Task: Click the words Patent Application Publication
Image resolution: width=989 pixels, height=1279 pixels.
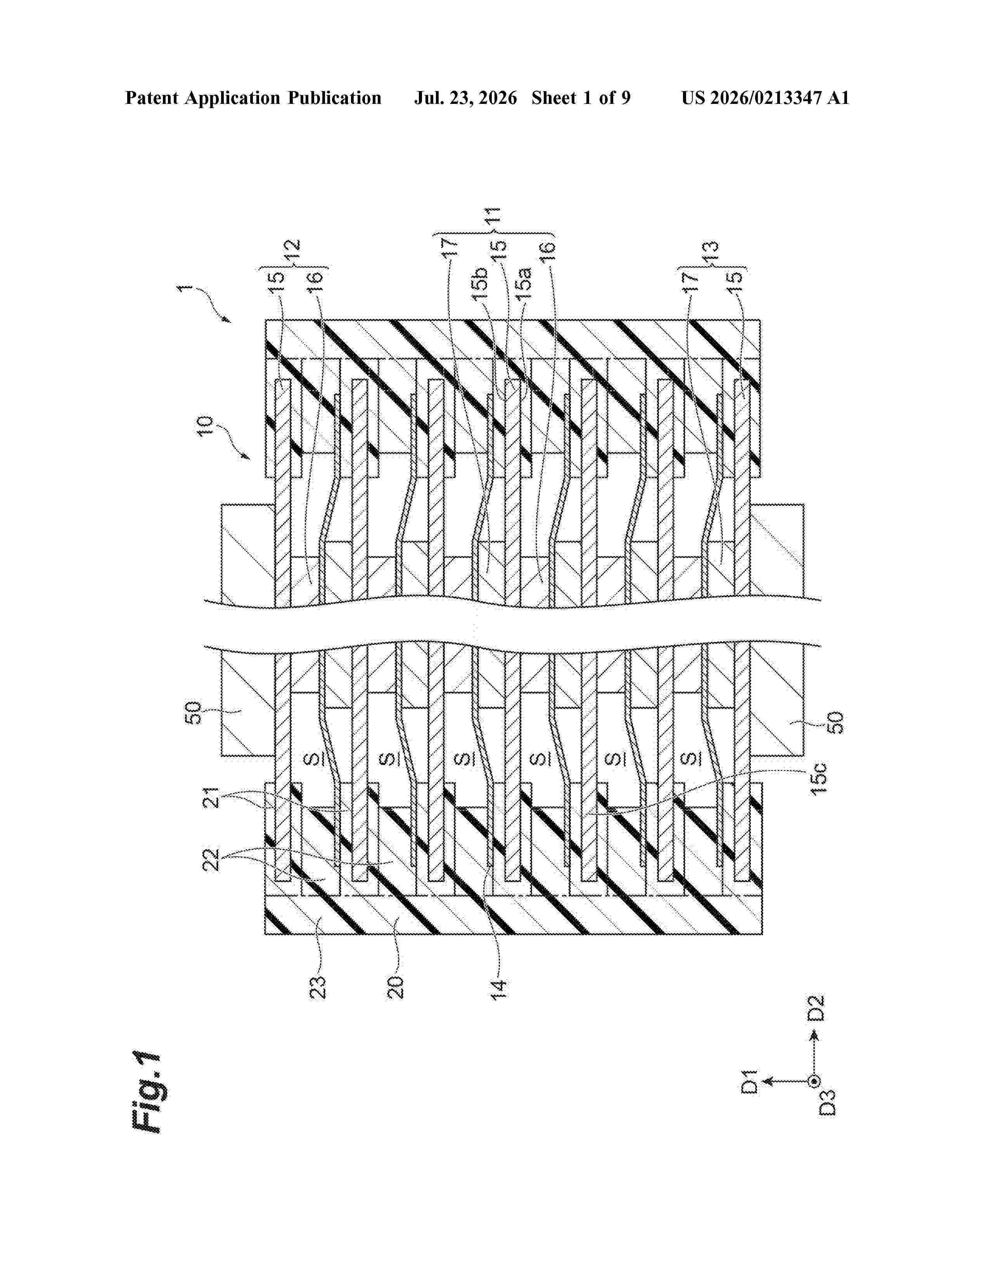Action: click(x=253, y=98)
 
